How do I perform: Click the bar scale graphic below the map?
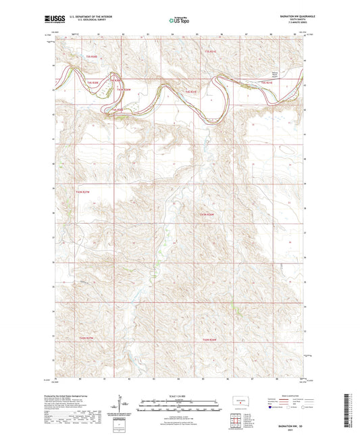coord(178,407)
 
